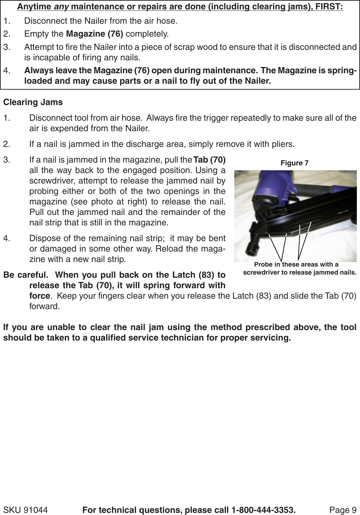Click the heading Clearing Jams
33,102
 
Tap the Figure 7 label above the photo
294,163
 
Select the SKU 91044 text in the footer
25,510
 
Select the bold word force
39,296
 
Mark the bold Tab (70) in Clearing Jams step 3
209,160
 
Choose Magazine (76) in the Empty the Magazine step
94,34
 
